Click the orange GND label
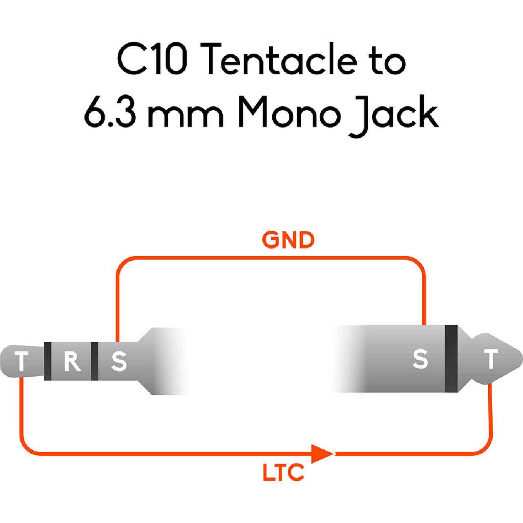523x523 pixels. pos(288,241)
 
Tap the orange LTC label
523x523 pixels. pos(283,473)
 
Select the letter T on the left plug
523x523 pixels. pos(21,362)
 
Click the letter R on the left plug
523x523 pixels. pos(72,361)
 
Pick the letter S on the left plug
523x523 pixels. pos(118,362)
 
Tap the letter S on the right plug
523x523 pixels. pos(420,359)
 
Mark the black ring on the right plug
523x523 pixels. pos(451,360)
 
